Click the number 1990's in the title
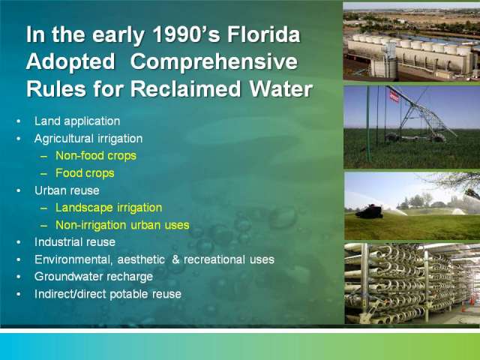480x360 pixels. point(186,34)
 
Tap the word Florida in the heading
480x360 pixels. point(263,34)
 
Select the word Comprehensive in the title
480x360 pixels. point(214,62)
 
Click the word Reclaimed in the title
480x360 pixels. point(186,89)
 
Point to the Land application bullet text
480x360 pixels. point(77,121)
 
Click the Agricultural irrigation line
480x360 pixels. point(88,139)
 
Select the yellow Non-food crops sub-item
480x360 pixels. point(96,156)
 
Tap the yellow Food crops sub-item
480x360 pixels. point(85,173)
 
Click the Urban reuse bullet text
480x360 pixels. point(67,190)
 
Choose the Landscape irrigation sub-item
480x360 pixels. point(109,208)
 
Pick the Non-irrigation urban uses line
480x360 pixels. point(122,225)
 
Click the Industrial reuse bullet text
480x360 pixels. point(75,242)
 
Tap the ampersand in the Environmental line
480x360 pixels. point(175,259)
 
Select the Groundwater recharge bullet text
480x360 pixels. point(94,277)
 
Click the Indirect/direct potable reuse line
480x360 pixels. point(108,294)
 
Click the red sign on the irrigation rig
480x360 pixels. point(394,97)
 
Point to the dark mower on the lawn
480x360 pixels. point(370,211)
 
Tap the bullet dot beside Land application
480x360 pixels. point(19,121)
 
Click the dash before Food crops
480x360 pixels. point(43,173)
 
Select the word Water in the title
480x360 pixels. point(280,89)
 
